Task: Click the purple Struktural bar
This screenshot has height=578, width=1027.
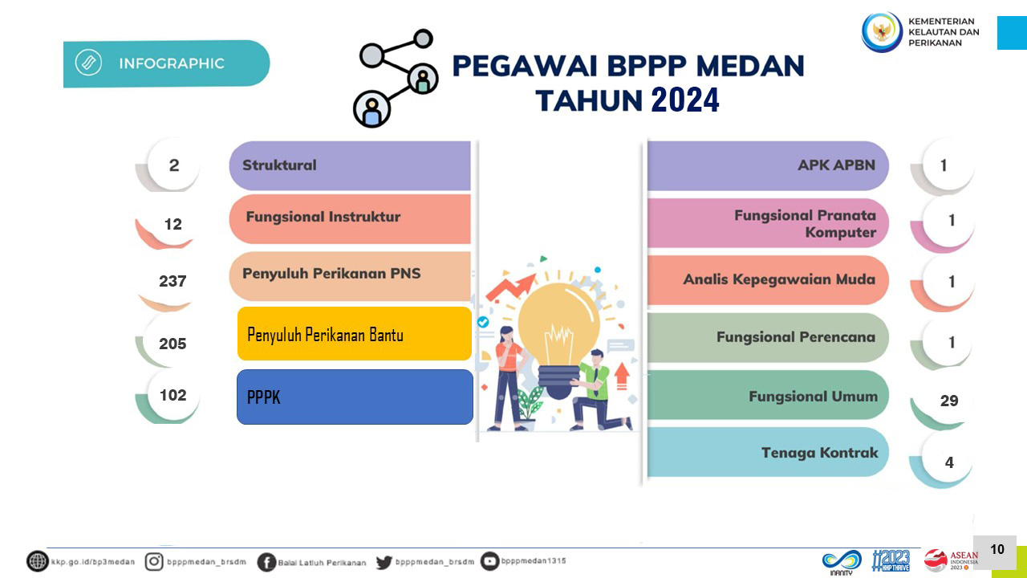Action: pos(350,165)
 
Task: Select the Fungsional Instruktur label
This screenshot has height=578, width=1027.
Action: pos(323,217)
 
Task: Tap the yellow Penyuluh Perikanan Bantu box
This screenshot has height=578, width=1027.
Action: pos(355,333)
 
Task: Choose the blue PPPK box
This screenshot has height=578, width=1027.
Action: pos(355,397)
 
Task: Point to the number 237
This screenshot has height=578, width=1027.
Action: pos(173,281)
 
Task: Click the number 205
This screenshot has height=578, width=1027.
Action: pos(173,344)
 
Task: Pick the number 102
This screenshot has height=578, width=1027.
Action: pos(173,395)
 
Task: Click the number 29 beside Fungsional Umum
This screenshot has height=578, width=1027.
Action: pos(949,401)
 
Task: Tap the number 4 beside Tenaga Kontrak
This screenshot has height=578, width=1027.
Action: pos(949,462)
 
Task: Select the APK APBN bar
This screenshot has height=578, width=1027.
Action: pos(768,165)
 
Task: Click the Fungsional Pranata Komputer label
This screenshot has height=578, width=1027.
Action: pos(805,223)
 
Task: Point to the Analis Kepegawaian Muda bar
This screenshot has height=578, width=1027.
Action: pos(768,280)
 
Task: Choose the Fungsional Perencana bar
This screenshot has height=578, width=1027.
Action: pos(768,338)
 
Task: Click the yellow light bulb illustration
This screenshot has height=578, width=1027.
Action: pos(559,340)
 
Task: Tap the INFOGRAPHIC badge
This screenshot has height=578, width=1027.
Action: pos(166,63)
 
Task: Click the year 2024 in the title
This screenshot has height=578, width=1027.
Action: pos(685,100)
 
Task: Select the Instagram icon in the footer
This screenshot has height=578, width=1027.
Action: pos(154,561)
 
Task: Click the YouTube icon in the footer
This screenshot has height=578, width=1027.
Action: pos(489,561)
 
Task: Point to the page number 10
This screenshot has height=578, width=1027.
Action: pos(997,549)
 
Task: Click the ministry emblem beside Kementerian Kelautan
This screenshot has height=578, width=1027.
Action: pos(882,32)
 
